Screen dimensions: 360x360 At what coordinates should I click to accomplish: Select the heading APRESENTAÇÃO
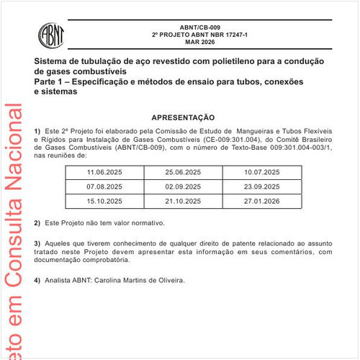[x=183, y=117]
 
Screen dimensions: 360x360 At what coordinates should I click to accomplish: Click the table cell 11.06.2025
[x=104, y=173]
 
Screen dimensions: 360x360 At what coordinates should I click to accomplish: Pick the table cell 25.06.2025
[x=183, y=173]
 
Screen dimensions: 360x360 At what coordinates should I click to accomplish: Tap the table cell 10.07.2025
[x=262, y=173]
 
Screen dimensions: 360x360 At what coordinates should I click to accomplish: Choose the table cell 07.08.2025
[x=104, y=186]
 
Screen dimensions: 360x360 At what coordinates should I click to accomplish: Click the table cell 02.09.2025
[x=183, y=186]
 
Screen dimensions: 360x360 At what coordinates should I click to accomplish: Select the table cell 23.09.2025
[x=262, y=186]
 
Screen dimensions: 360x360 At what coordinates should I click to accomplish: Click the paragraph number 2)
[x=37, y=223]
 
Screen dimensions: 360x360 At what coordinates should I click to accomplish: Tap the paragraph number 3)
[x=37, y=243]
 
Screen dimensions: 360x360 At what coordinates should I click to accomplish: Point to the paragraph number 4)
[x=37, y=280]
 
